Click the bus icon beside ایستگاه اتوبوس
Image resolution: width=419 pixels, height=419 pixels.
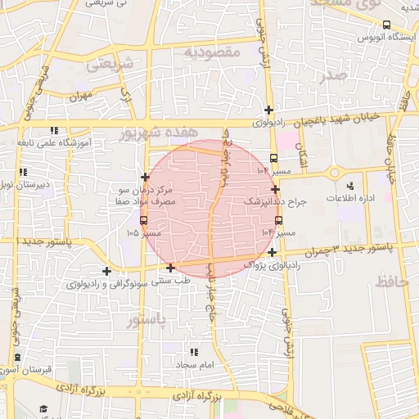[x=386, y=26]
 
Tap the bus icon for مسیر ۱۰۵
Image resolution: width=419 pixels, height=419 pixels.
[x=144, y=220]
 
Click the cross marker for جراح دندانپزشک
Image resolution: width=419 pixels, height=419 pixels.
[x=275, y=189]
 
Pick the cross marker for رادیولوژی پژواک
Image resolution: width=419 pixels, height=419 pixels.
[x=271, y=252]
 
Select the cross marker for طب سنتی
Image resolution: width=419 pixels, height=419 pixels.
[x=170, y=268]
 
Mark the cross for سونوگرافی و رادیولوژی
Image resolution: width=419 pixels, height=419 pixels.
[x=106, y=271]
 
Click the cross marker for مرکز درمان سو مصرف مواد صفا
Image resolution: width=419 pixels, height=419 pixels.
[x=145, y=177]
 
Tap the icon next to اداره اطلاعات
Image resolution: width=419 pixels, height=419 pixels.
[x=350, y=187]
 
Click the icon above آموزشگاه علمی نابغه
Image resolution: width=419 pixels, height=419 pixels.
[x=54, y=130]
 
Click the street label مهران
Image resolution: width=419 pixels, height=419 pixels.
[x=83, y=95]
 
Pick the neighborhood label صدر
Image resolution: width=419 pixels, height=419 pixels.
[x=336, y=75]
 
